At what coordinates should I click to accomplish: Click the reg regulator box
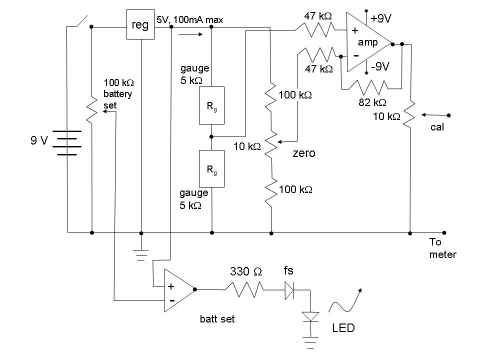click(140, 24)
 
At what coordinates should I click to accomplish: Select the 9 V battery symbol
click(67, 143)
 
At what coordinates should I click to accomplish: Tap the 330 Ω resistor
click(244, 289)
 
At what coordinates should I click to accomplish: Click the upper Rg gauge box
click(211, 105)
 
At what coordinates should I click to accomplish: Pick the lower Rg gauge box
click(211, 168)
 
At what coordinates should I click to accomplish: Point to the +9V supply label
click(381, 18)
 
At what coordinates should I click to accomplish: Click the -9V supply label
click(380, 66)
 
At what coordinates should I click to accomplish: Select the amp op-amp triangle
click(369, 42)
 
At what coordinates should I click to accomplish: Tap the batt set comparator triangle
click(179, 290)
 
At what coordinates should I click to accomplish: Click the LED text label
click(343, 328)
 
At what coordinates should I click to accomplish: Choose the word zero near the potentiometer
click(304, 153)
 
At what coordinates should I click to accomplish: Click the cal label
click(437, 127)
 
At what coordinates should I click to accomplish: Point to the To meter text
click(442, 248)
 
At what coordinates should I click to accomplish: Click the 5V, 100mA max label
click(190, 20)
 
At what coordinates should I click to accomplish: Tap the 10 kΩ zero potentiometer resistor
click(271, 145)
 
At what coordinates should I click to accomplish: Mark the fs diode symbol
click(289, 290)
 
